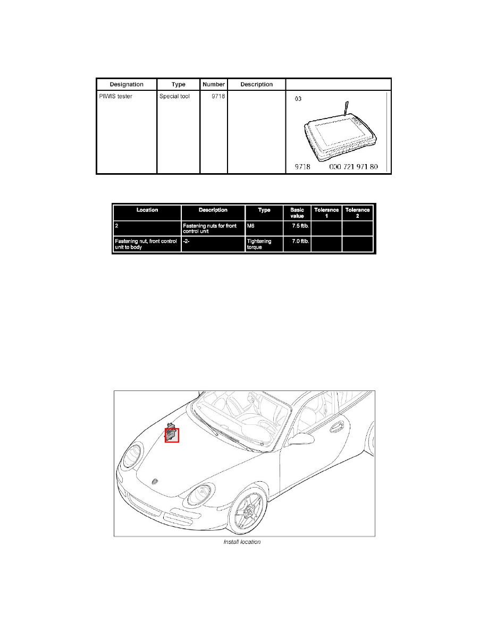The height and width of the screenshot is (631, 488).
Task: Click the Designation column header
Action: (x=127, y=84)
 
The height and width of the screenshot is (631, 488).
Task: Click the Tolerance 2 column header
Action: (x=358, y=213)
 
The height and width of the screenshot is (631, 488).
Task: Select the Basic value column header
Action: (x=297, y=213)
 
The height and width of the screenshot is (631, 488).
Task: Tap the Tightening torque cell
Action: (x=259, y=244)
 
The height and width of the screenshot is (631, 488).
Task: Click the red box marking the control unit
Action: (x=172, y=435)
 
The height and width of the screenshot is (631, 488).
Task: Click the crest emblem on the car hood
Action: (x=155, y=480)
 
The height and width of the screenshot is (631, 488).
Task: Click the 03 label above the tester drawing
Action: (x=299, y=99)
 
